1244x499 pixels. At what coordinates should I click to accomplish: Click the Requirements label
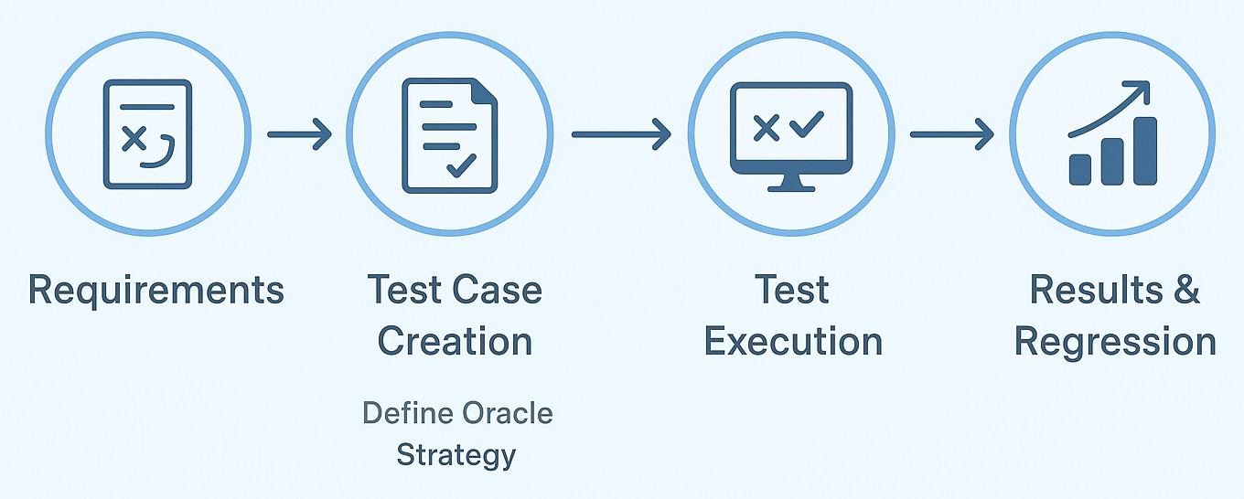156,291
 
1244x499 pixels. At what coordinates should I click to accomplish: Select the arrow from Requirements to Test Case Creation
299,134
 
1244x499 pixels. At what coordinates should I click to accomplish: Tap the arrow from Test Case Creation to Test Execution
621,134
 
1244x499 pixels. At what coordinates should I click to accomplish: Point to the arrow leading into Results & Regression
952,134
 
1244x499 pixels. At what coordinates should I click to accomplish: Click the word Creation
455,341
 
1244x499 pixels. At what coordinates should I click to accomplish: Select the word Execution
794,341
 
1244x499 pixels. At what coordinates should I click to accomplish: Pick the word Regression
1115,343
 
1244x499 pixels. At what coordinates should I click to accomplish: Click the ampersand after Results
1186,289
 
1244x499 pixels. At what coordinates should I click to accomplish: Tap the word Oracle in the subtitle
507,413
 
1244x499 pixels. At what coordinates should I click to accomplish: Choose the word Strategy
456,456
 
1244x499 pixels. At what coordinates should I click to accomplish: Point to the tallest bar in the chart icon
1145,151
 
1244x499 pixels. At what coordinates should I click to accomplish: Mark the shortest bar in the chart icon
1080,170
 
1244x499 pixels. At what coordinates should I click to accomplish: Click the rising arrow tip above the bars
1144,87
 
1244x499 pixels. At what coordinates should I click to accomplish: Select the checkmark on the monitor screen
807,124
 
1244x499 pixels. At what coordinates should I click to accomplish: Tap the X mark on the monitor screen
767,128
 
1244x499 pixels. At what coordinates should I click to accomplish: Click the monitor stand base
791,189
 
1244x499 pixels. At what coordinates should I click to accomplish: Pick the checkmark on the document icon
462,165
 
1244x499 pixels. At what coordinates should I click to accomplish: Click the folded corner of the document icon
484,91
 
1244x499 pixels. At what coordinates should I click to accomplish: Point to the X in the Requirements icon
134,139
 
